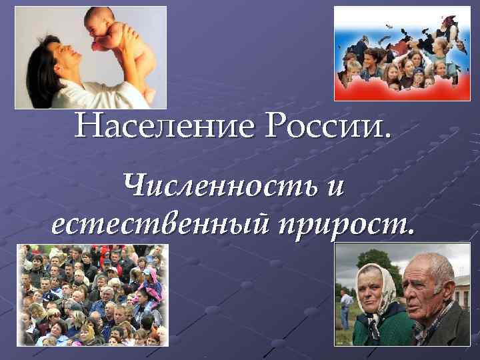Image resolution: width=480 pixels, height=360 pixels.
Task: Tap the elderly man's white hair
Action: (x=433, y=267)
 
